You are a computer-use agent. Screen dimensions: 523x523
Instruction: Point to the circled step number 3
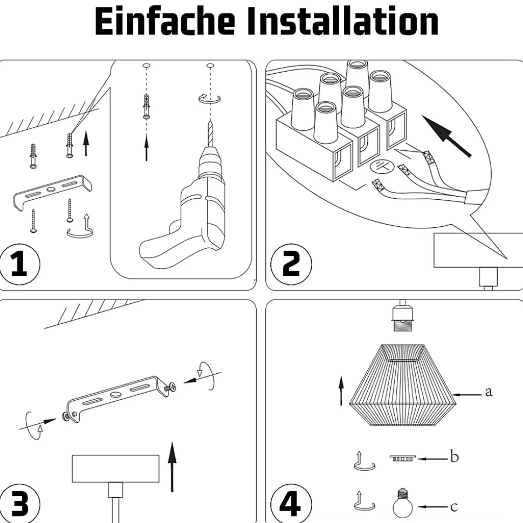[19, 504]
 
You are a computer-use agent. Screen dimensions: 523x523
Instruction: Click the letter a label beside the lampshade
[488, 392]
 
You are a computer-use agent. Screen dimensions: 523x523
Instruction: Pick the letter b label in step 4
[455, 457]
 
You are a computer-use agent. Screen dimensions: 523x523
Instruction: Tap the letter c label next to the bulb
[454, 506]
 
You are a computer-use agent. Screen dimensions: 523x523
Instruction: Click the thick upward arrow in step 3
[172, 466]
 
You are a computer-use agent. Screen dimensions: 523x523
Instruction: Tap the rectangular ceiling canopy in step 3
[116, 469]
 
